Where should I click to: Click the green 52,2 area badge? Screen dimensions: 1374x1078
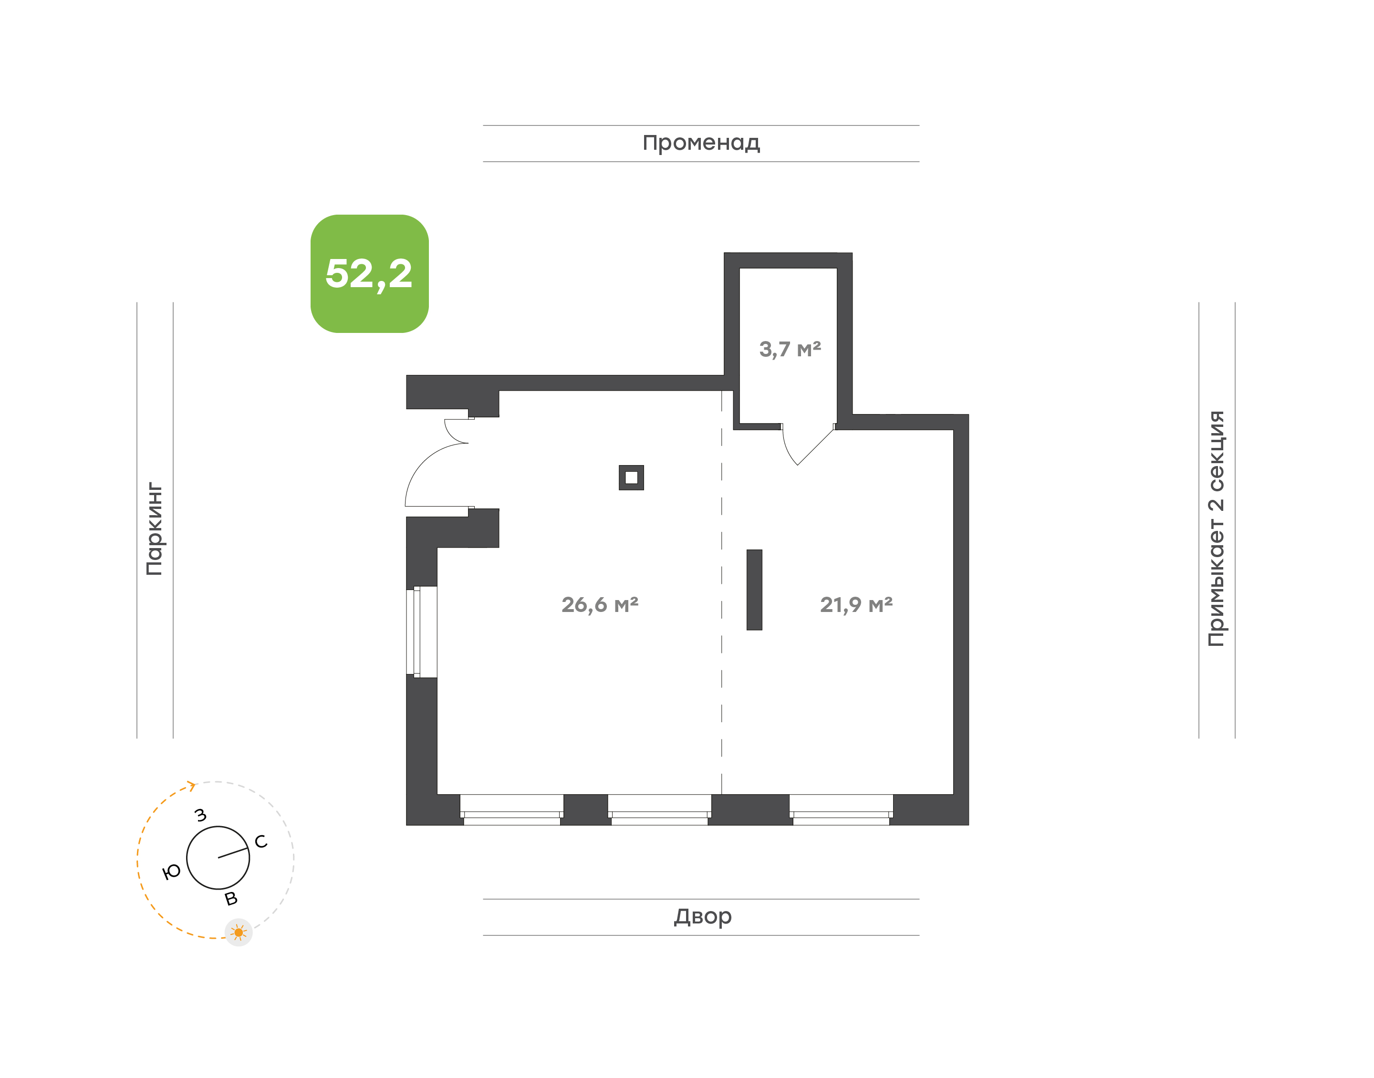tap(369, 273)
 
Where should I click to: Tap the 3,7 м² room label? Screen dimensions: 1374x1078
tap(790, 349)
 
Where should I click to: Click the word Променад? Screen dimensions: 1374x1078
tap(701, 143)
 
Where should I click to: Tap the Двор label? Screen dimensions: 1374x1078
tap(702, 916)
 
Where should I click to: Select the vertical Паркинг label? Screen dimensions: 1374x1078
tap(154, 529)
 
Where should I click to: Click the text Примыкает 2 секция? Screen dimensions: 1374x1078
tap(1216, 529)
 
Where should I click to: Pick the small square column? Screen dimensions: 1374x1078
tap(631, 478)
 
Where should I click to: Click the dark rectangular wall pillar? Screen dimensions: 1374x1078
tap(754, 590)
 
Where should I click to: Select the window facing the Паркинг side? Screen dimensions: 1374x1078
tap(421, 632)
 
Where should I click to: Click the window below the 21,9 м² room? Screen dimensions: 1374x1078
tap(841, 810)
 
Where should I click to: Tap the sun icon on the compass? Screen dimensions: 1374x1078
tap(239, 932)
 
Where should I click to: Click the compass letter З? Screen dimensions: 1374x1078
tap(201, 815)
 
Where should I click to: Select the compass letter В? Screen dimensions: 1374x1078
tap(231, 898)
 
